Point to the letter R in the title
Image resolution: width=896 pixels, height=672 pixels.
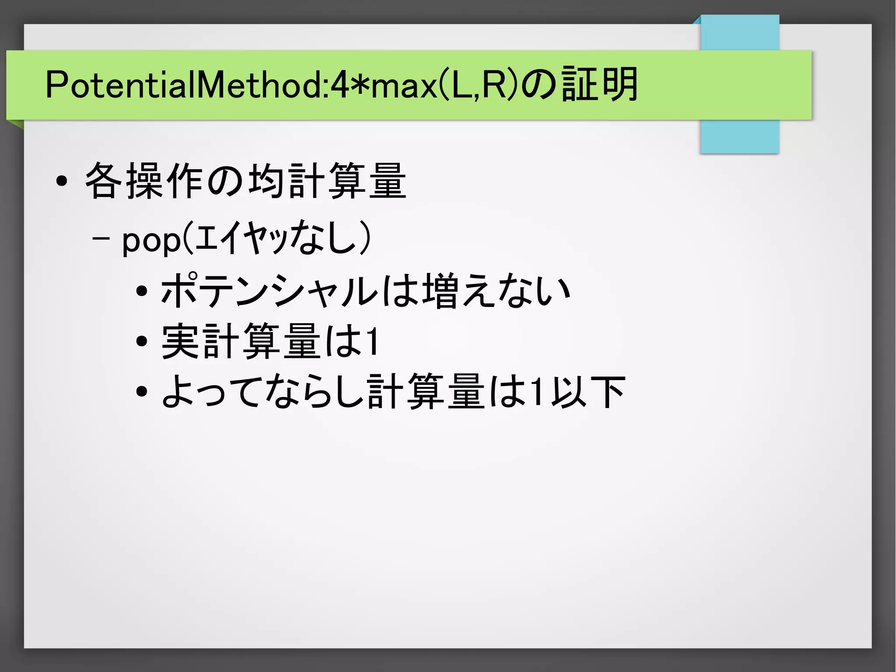click(x=494, y=85)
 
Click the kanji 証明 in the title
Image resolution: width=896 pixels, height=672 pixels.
click(x=599, y=84)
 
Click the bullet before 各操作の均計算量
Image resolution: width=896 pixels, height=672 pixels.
click(x=62, y=181)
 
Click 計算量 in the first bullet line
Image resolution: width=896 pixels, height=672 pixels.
click(x=348, y=180)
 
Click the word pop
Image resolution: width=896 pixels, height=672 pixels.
click(x=151, y=241)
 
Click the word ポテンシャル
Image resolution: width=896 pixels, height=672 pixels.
click(x=269, y=291)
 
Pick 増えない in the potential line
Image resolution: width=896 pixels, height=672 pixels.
click(x=497, y=291)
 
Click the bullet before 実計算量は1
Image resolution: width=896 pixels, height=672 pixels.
click(x=141, y=341)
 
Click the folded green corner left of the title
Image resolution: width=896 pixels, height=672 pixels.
click(x=16, y=124)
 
